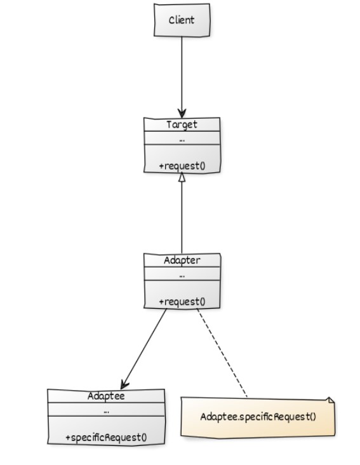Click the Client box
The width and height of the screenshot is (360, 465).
pos(182,20)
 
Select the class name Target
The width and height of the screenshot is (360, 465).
pos(182,125)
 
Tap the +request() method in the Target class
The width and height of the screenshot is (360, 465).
pos(182,166)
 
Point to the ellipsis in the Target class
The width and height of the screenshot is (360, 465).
pos(182,140)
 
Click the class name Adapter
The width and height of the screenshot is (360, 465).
pos(182,260)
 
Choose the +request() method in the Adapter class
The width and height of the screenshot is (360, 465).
pos(182,302)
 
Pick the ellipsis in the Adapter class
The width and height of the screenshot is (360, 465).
pos(182,276)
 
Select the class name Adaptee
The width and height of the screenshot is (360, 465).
pos(106,396)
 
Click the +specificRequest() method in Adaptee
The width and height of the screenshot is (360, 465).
pos(106,438)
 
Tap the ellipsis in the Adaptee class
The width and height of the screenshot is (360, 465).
pos(107,412)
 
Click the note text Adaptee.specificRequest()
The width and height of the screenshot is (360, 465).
pos(258,417)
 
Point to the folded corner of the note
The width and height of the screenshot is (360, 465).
pos(331,400)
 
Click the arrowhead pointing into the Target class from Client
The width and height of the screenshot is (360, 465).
pos(182,113)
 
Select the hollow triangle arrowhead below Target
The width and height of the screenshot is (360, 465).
pos(182,177)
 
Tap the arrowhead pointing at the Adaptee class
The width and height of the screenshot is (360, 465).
pos(124,384)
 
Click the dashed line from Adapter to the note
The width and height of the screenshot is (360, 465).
pos(222,353)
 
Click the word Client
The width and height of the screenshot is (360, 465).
pos(182,20)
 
